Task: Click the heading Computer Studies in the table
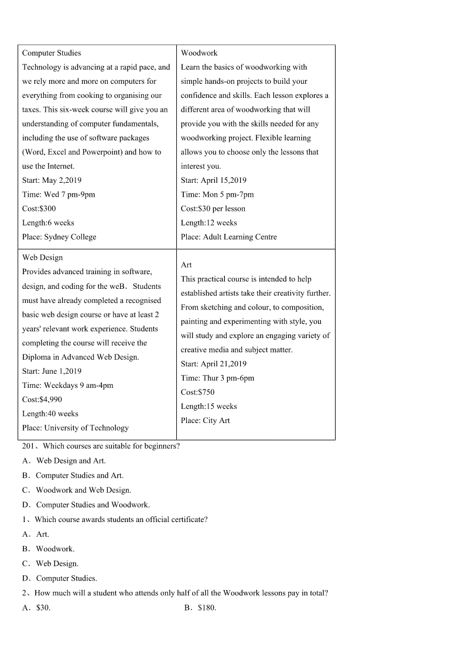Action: (x=52, y=53)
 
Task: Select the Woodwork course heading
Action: (x=199, y=53)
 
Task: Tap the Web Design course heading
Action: (x=42, y=257)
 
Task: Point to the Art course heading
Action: (x=186, y=265)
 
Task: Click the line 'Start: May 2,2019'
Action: (x=52, y=180)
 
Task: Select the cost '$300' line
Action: (x=39, y=209)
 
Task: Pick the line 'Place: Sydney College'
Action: (x=59, y=237)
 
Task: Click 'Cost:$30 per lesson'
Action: (x=213, y=209)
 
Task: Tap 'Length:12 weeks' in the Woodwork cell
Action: (x=209, y=223)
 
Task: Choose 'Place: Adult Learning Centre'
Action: (x=229, y=237)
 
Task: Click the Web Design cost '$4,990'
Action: (x=42, y=400)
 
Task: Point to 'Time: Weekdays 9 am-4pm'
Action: (x=68, y=386)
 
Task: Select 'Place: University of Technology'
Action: (x=76, y=428)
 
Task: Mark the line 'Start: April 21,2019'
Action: (x=214, y=364)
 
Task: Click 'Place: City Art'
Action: (x=206, y=420)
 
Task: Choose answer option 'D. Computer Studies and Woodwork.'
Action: (x=86, y=504)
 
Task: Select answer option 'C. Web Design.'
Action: (x=50, y=563)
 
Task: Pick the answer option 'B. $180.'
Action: (x=200, y=608)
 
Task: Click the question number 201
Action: (x=29, y=446)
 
